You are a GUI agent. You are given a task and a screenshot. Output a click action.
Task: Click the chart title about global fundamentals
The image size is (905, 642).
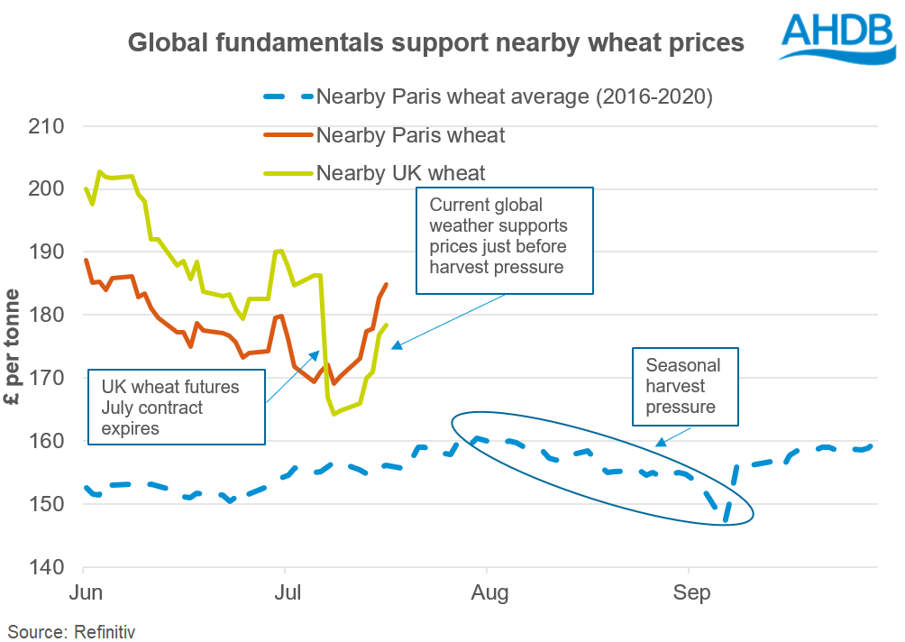pyautogui.click(x=435, y=42)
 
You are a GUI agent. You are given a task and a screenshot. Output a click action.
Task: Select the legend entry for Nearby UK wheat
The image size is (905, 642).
pyautogui.click(x=400, y=173)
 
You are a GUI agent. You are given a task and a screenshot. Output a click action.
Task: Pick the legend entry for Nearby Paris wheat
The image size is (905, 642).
pyautogui.click(x=410, y=136)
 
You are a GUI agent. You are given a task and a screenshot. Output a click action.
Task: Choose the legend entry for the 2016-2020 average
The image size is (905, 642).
pyautogui.click(x=515, y=97)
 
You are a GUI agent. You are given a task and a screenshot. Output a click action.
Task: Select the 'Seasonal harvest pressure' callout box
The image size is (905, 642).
pyautogui.click(x=685, y=386)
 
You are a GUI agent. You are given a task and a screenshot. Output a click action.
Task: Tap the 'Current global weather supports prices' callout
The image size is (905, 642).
pyautogui.click(x=504, y=240)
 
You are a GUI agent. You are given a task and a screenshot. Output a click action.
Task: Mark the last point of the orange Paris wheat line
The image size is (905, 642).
pyautogui.click(x=387, y=284)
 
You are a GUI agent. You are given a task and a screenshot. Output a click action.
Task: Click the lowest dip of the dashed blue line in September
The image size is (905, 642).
pyautogui.click(x=725, y=519)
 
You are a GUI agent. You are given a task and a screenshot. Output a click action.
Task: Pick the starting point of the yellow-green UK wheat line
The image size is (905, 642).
pyautogui.click(x=86, y=188)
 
